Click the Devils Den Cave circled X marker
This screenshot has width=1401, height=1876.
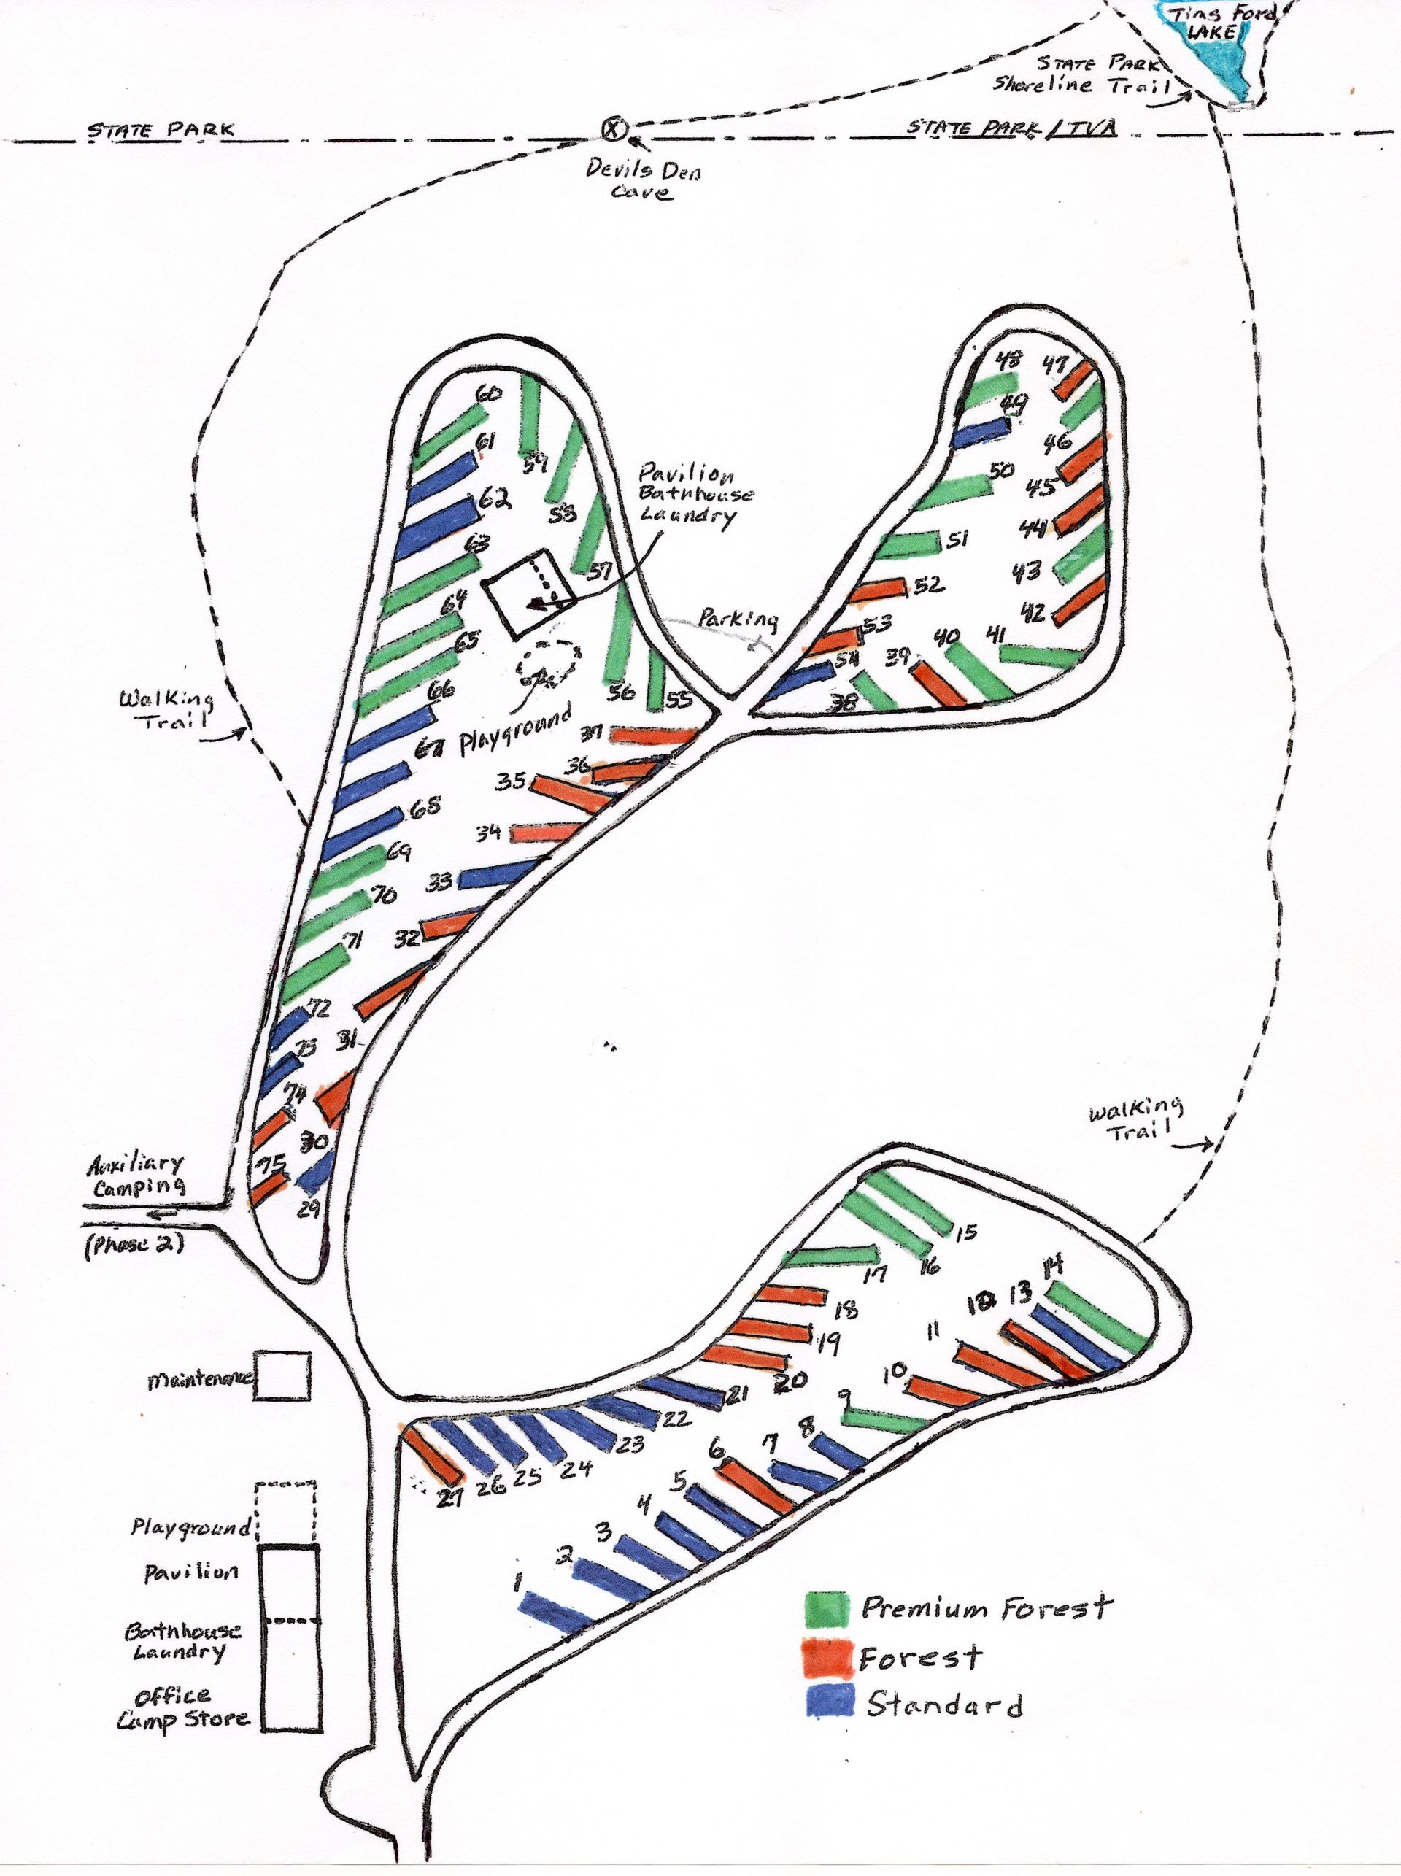coord(613,129)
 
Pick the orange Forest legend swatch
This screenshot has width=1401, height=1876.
coord(827,1658)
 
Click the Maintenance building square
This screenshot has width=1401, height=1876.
coord(282,1375)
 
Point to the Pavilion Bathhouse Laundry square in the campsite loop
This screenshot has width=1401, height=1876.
coord(528,592)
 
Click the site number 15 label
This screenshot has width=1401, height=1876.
coord(966,1232)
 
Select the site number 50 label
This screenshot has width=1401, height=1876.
coord(1002,471)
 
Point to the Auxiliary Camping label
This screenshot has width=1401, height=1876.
coord(136,1175)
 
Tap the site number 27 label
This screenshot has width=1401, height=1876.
coord(449,1499)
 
